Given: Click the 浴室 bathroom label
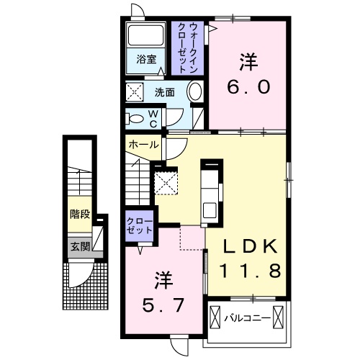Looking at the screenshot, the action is click(146, 59).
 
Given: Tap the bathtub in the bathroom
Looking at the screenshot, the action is click(146, 35).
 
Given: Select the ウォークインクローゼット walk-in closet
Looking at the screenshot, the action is click(187, 48).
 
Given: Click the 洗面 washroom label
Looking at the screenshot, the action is click(164, 92).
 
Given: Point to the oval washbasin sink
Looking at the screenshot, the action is click(194, 92).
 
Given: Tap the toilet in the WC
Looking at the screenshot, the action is click(135, 118).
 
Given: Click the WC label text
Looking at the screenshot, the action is click(153, 119).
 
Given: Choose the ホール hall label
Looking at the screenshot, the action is click(143, 145).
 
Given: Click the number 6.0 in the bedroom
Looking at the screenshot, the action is click(248, 87).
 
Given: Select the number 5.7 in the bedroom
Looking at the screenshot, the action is click(163, 305).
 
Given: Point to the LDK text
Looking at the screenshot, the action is click(250, 246).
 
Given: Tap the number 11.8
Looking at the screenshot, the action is click(250, 270).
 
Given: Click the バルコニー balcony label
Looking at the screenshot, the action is click(247, 318).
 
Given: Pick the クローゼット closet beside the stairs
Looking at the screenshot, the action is click(140, 225).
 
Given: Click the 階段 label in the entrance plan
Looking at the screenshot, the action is click(80, 214).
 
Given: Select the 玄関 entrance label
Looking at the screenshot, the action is click(80, 246).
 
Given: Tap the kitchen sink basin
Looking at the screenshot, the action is click(210, 210).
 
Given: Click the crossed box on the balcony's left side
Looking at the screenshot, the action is click(215, 317).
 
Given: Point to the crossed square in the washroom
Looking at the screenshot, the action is click(135, 92).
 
